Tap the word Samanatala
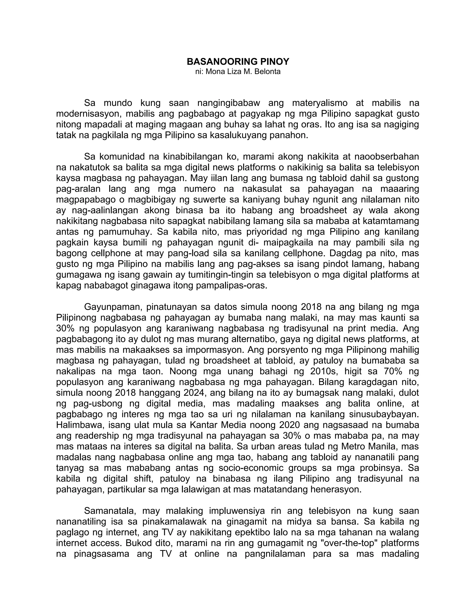110,511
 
